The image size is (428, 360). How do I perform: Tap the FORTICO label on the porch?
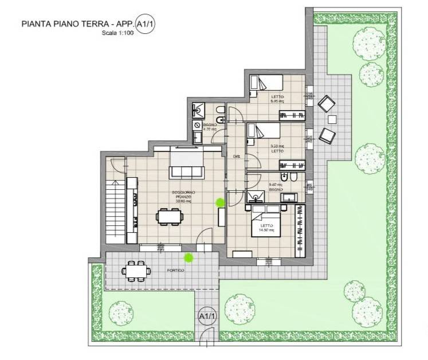click(x=175, y=270)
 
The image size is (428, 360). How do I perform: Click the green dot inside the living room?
click(x=219, y=202)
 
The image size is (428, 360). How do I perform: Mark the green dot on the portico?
click(x=188, y=258)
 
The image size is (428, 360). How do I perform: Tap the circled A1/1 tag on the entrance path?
click(x=206, y=316)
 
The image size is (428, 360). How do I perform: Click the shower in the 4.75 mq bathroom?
click(x=198, y=108)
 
